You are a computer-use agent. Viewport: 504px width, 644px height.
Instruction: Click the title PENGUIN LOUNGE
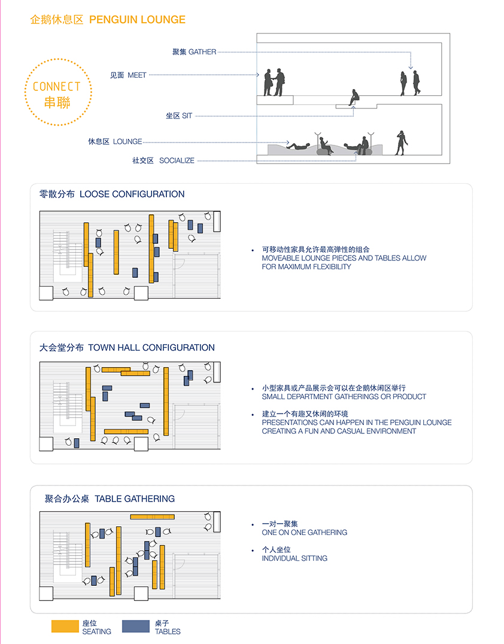coord(137,20)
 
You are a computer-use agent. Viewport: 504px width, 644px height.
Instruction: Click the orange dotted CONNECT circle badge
coord(57,92)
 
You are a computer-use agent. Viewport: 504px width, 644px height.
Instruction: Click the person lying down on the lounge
coord(297,145)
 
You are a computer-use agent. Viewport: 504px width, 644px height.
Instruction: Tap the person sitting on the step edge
coord(354,97)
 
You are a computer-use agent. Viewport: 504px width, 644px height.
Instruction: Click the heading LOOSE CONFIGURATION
coord(132,194)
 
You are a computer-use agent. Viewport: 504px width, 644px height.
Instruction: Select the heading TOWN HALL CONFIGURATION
coord(151,347)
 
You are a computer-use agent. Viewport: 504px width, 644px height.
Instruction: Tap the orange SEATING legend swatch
coord(65,626)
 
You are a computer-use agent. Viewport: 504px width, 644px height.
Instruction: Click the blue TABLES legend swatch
coord(136,626)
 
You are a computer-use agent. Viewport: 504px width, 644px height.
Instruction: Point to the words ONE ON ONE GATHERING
coord(304,532)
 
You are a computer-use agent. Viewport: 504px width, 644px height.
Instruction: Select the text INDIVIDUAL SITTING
coord(294,558)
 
